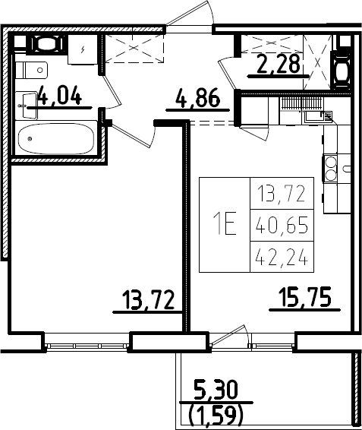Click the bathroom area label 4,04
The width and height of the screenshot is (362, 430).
(x=60, y=95)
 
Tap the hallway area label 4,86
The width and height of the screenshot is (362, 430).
(x=198, y=98)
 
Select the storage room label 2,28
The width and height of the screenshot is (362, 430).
(x=278, y=64)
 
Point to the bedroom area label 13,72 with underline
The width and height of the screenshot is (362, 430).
(x=148, y=300)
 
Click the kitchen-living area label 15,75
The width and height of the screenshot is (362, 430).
(x=305, y=297)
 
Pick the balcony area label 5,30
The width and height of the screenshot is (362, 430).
(x=216, y=390)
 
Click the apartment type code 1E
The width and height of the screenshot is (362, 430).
(x=225, y=225)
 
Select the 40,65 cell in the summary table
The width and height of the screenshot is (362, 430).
(x=282, y=226)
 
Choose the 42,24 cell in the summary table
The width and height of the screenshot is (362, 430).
(x=282, y=257)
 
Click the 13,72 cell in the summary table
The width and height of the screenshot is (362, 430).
(x=282, y=194)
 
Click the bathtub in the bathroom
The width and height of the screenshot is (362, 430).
(x=56, y=139)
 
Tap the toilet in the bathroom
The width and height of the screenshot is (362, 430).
(x=31, y=70)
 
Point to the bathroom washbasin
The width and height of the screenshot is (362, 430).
(x=27, y=106)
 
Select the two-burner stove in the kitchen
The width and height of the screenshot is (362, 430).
(x=330, y=168)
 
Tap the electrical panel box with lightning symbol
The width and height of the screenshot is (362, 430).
(x=83, y=49)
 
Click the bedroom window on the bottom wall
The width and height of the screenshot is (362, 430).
(x=87, y=346)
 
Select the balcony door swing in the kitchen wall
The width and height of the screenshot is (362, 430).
(x=230, y=335)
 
